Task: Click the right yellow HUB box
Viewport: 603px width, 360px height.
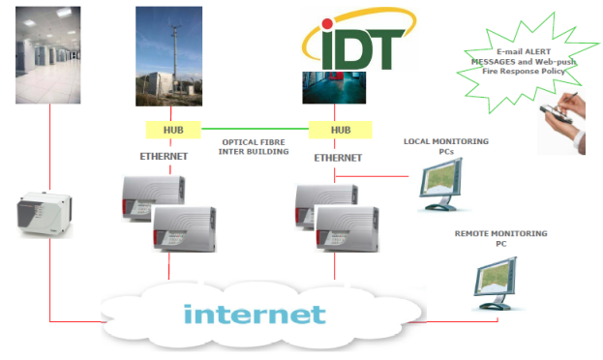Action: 341,130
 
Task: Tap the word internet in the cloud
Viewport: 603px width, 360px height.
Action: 254,315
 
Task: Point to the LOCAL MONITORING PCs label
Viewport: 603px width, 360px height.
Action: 446,148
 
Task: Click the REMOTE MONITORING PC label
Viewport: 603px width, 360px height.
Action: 499,239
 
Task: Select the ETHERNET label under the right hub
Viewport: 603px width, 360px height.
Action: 339,157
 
